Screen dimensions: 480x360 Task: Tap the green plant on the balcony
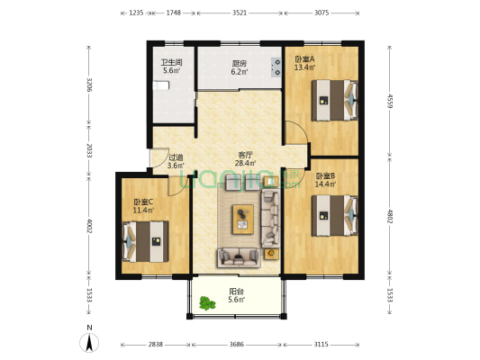[x=207, y=303]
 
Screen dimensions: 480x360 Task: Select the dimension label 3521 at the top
[x=240, y=13]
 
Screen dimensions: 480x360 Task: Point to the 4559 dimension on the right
[x=390, y=101]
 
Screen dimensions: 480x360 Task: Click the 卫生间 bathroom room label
[x=171, y=63]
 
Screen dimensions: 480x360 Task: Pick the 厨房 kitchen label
[x=240, y=64]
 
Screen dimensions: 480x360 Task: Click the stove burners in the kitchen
[x=277, y=67]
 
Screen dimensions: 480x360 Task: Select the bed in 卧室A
[x=335, y=100]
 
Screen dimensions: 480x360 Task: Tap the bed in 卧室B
[x=335, y=216]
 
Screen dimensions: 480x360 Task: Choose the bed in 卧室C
[x=145, y=241]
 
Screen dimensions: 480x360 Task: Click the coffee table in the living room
[x=243, y=220]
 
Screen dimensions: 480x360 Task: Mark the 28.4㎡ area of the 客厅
[x=246, y=163]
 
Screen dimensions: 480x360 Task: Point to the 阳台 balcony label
[x=237, y=292]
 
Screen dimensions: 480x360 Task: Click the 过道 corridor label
[x=176, y=157]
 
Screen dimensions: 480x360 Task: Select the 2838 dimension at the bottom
[x=156, y=345]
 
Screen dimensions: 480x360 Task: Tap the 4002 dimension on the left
[x=89, y=225]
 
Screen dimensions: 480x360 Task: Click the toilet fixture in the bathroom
[x=161, y=85]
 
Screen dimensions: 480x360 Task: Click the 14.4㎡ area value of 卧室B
[x=325, y=184]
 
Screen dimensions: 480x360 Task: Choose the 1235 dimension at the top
[x=136, y=13]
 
